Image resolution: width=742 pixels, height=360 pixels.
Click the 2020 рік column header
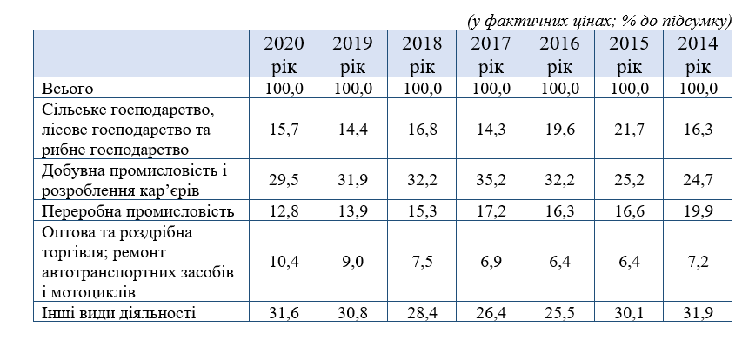284,55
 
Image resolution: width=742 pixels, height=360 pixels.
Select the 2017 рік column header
491,55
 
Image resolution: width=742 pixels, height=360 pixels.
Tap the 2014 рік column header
698,55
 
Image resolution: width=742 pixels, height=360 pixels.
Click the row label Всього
68,89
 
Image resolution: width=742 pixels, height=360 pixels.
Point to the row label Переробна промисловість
137,211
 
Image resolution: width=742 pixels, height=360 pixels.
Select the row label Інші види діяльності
118,313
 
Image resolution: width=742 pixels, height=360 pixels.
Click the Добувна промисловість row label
134,180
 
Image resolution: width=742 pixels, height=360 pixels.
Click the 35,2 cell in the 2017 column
491,180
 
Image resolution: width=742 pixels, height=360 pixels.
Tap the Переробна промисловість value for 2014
698,211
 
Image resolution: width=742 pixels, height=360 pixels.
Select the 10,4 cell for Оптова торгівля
284,261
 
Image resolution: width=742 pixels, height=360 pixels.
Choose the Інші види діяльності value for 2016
559,313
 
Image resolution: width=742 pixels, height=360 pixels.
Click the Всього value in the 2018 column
422,89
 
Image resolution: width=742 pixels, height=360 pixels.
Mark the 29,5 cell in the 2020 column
284,180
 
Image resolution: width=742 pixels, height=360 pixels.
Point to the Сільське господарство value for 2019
352,130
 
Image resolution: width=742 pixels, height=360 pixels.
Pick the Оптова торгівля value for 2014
698,261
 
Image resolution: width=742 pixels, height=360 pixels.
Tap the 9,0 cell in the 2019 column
352,261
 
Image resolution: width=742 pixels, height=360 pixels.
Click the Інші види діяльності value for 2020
284,313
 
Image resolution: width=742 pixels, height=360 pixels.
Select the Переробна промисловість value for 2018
422,211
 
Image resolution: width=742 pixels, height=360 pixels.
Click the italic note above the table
599,21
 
